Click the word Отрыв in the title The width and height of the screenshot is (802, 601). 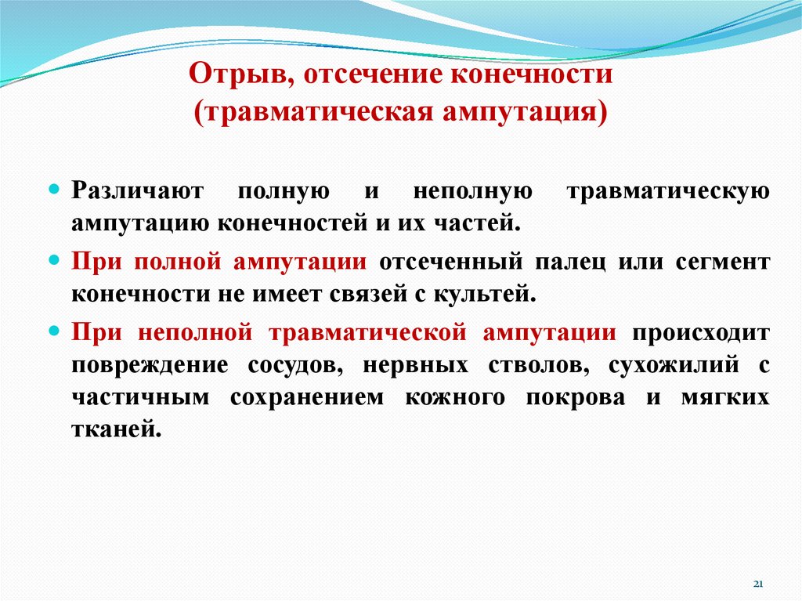[x=237, y=76]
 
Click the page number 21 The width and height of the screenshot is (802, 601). [x=757, y=585]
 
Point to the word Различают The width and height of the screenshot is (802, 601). [x=137, y=192]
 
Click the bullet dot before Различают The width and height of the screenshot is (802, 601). [x=54, y=190]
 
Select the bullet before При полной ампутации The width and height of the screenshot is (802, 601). [x=54, y=259]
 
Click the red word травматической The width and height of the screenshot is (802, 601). [x=368, y=331]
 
